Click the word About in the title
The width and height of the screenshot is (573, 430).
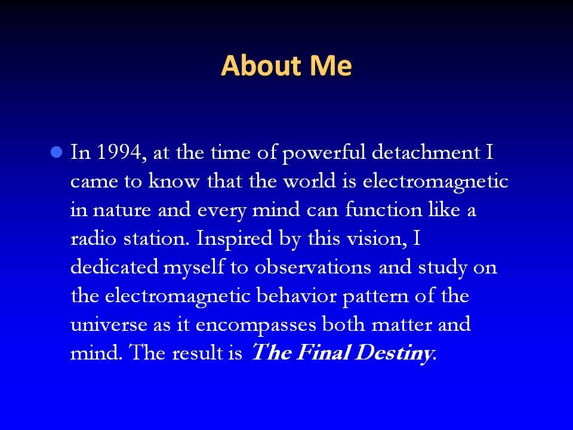point(261,66)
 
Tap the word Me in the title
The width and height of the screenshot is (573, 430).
point(331,66)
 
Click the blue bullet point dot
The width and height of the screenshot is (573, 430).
point(56,152)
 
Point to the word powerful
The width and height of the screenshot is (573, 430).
point(324,153)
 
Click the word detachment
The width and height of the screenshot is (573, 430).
point(426,152)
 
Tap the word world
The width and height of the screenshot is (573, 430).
point(310,180)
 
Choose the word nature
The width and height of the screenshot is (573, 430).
point(122,210)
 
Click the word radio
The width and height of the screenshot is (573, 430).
point(93,238)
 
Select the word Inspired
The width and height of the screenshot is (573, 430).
point(235,239)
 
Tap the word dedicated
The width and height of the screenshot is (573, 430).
point(115,266)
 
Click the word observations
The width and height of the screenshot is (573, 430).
point(313,266)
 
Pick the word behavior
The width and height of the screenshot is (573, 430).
point(297,295)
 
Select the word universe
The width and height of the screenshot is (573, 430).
point(109,324)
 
